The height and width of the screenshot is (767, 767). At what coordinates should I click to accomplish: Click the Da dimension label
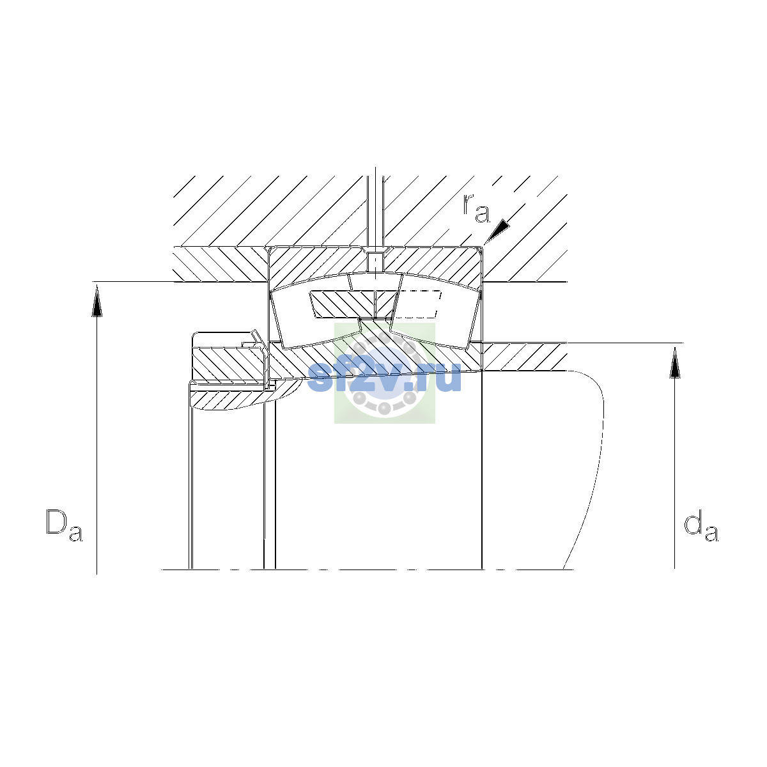(x=64, y=525)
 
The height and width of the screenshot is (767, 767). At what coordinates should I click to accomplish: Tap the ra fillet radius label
(x=476, y=208)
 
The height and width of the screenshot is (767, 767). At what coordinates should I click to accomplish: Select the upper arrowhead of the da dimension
(x=674, y=362)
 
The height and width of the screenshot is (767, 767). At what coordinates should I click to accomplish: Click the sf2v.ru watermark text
(x=385, y=376)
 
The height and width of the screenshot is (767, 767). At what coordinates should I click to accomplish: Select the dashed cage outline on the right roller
(x=417, y=304)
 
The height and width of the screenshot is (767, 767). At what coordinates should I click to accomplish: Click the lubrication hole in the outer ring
(x=375, y=262)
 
